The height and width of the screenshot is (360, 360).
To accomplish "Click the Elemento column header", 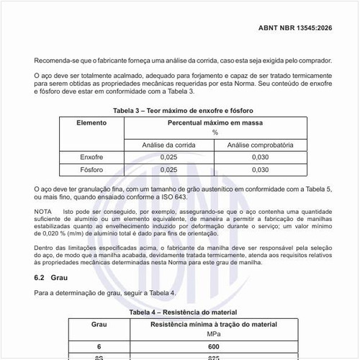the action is [x=91, y=123].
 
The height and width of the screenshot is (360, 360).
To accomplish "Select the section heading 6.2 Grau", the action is [x=51, y=277].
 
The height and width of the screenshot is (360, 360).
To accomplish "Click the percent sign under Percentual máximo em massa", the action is [x=214, y=132].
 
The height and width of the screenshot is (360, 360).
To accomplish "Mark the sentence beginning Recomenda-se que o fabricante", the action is [x=183, y=63].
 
